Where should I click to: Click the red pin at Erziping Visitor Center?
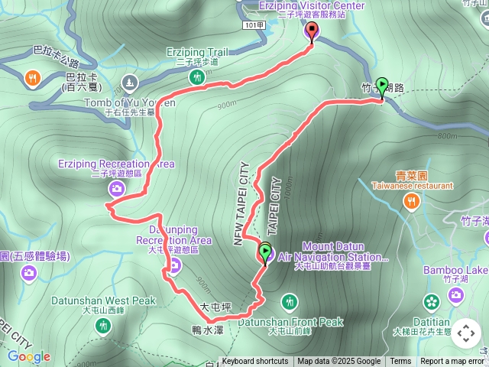312,31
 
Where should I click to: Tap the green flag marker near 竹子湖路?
381,87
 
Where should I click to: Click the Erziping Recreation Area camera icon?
116,189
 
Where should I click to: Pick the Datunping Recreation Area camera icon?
174,265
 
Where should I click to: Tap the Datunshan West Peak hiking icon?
103,326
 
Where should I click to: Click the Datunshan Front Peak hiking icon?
289,302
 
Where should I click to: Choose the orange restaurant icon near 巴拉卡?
31,77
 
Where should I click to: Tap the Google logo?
29,356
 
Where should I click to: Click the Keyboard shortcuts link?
255,362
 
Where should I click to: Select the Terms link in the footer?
400,362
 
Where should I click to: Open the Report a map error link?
454,362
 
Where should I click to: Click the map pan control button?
465,333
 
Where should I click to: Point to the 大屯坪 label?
215,307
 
